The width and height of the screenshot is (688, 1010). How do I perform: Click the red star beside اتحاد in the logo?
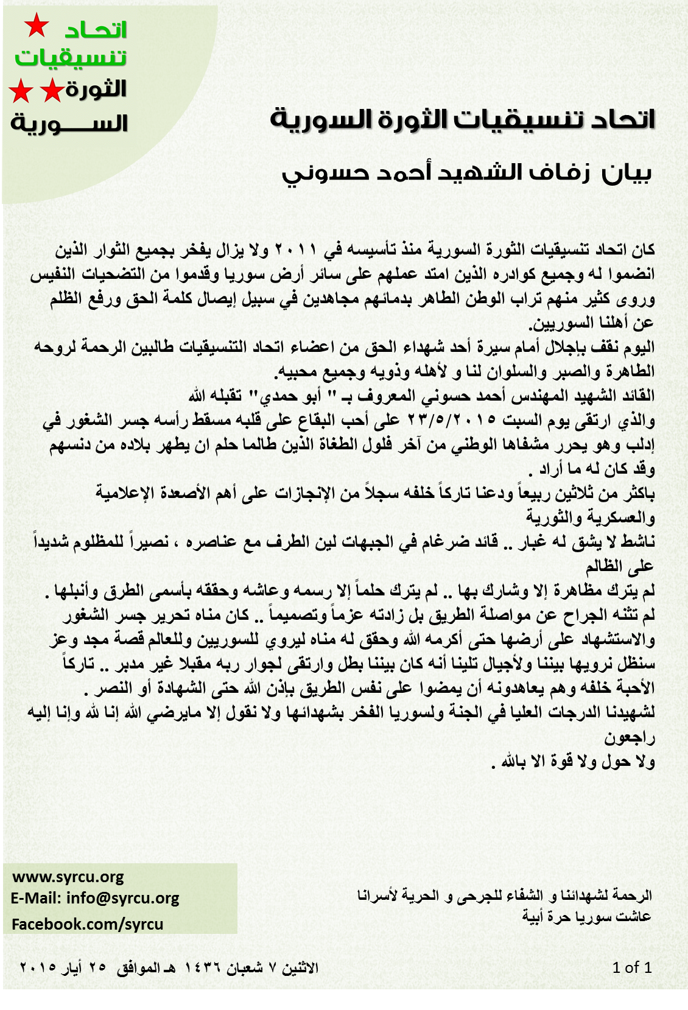[x=36, y=26]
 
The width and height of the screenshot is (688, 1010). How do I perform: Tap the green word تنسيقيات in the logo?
[x=70, y=58]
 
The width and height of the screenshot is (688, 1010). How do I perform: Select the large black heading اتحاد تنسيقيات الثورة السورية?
[x=462, y=119]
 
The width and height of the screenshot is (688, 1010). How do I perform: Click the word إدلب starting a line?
[x=640, y=445]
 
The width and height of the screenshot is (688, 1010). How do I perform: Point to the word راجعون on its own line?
[x=629, y=738]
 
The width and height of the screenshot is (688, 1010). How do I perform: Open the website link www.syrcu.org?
[x=68, y=877]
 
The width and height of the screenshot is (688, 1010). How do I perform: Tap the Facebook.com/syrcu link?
[x=87, y=924]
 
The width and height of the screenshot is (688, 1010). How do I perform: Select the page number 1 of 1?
[x=632, y=967]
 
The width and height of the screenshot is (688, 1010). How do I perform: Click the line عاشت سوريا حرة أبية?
[x=586, y=916]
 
